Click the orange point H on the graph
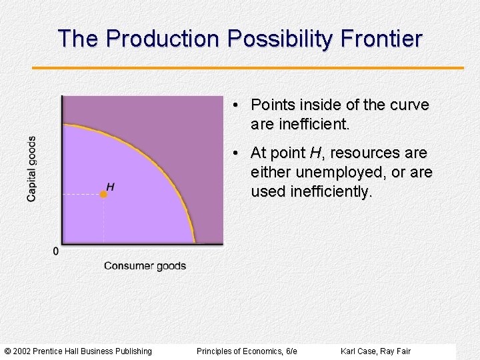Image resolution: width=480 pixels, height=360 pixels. pyautogui.click(x=103, y=194)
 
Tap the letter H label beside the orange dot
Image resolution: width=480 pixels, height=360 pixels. pyautogui.click(x=110, y=187)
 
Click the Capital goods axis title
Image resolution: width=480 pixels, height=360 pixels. pyautogui.click(x=31, y=169)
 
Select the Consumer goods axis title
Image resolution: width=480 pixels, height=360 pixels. pyautogui.click(x=145, y=266)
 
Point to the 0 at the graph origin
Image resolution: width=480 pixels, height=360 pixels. pyautogui.click(x=55, y=251)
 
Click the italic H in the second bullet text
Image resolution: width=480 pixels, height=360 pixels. pyautogui.click(x=315, y=153)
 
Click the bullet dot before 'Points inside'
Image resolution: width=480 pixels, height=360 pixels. pyautogui.click(x=237, y=106)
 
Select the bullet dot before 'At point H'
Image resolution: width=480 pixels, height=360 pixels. pyautogui.click(x=237, y=154)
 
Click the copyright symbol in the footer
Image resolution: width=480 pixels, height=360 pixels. pyautogui.click(x=7, y=351)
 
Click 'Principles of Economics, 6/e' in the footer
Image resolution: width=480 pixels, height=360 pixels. pyautogui.click(x=247, y=351)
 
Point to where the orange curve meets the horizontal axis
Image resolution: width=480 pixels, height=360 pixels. pyautogui.click(x=194, y=242)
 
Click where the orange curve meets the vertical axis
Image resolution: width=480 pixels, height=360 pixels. pyautogui.click(x=63, y=124)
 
